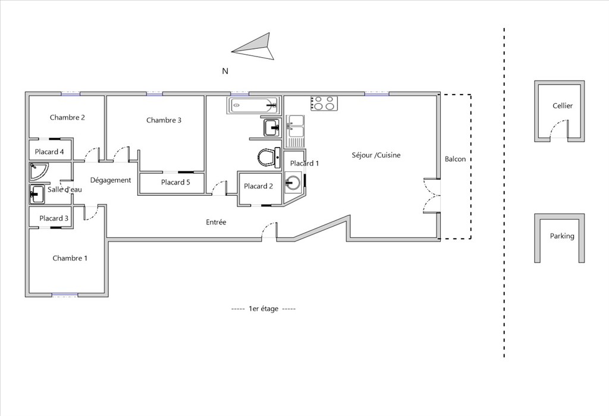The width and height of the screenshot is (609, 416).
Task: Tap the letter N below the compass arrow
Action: click(225, 71)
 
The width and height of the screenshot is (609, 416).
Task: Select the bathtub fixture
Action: click(253, 105)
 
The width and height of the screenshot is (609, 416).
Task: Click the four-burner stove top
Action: click(324, 104)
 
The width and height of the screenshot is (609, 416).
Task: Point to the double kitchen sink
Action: click(295, 132)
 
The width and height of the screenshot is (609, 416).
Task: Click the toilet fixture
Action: click(269, 158)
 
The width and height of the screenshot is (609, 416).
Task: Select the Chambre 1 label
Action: click(70, 258)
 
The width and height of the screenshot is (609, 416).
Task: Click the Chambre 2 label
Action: click(67, 117)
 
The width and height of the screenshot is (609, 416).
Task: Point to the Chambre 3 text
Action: click(164, 120)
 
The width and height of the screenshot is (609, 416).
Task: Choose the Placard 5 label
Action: click(175, 182)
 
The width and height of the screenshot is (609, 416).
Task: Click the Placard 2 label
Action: click(258, 186)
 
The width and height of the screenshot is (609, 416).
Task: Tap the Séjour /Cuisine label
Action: click(376, 155)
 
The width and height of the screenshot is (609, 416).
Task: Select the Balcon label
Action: click(455, 159)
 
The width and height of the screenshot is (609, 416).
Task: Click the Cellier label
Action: click(563, 106)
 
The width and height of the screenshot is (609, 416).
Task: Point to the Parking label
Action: click(562, 236)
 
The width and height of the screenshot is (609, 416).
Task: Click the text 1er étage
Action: click(263, 309)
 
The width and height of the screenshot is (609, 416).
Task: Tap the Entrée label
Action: click(216, 223)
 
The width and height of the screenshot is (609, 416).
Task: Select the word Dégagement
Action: click(111, 180)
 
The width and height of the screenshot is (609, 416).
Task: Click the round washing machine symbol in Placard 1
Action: click(293, 182)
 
